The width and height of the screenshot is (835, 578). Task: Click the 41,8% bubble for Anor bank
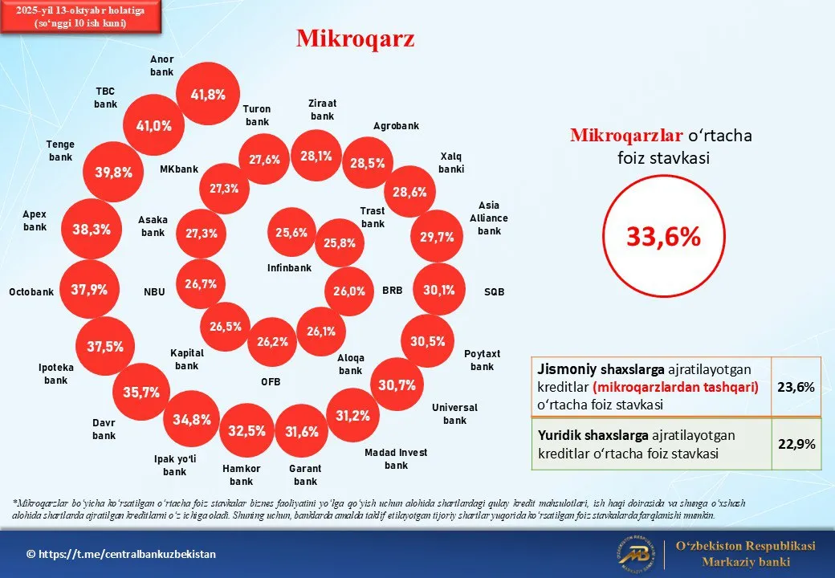click(x=208, y=94)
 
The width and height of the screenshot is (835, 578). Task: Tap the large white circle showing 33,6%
click(x=663, y=236)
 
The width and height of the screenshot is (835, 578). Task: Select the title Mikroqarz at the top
click(x=355, y=39)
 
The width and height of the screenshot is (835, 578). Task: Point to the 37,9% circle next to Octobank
click(x=88, y=290)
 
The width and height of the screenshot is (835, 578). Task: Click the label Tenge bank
click(x=60, y=151)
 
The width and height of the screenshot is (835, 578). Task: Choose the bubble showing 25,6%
click(x=291, y=233)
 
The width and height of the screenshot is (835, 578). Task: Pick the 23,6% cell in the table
click(x=796, y=387)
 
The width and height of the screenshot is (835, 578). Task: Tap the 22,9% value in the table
click(x=796, y=443)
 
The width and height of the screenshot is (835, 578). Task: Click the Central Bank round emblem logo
click(x=634, y=554)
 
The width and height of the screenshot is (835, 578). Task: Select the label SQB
click(x=494, y=292)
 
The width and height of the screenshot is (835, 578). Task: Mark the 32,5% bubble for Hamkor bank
click(x=246, y=431)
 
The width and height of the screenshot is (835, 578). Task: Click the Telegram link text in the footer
click(x=121, y=554)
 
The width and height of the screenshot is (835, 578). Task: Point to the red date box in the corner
click(x=81, y=17)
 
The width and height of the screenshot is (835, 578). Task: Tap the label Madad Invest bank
click(x=396, y=458)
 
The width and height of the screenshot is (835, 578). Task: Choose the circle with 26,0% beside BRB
click(x=349, y=291)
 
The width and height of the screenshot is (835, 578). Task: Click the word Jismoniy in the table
click(x=566, y=369)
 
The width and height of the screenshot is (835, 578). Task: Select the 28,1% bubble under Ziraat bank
click(x=316, y=157)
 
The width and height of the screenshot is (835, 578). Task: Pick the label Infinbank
click(x=289, y=267)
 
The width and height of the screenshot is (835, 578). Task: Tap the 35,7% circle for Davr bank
click(x=141, y=393)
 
